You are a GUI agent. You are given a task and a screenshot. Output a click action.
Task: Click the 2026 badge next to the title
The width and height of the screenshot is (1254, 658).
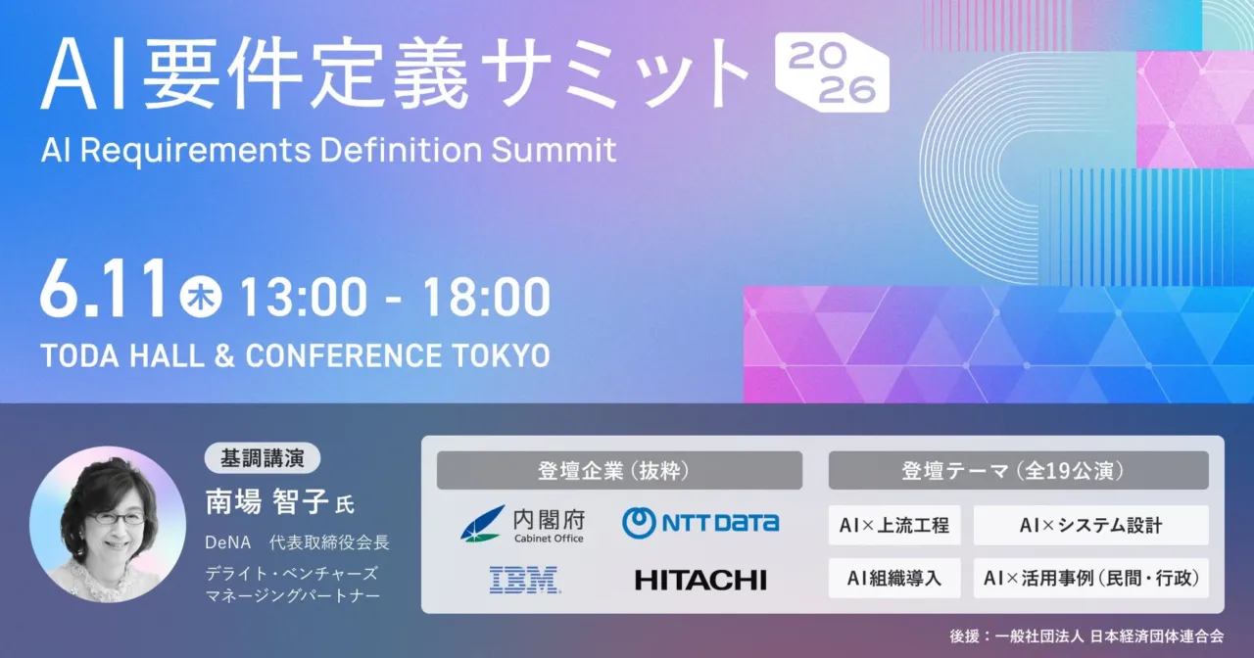[x=832, y=72]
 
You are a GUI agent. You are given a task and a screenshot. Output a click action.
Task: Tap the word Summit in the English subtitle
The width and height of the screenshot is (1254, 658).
[x=554, y=150]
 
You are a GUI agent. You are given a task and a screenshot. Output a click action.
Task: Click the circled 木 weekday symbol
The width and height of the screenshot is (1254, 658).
[x=201, y=297]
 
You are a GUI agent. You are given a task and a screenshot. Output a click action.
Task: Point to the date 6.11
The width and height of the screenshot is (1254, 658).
[x=104, y=290]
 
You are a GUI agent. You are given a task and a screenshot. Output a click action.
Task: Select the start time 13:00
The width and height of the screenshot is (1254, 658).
[x=304, y=297]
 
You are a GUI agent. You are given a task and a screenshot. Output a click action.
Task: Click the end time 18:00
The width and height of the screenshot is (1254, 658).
[x=487, y=297]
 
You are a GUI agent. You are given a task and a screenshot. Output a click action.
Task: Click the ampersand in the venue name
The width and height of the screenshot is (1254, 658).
[x=224, y=355]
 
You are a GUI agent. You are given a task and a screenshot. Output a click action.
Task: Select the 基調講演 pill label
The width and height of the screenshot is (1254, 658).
[x=262, y=458]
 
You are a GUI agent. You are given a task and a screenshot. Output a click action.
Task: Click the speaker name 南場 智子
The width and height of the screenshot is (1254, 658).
[x=267, y=502]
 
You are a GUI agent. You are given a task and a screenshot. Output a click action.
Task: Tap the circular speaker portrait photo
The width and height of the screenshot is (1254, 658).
[x=108, y=524]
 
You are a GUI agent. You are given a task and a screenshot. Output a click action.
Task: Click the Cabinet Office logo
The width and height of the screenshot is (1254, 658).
[x=522, y=524]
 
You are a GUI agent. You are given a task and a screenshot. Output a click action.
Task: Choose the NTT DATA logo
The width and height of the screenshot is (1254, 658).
[x=700, y=523]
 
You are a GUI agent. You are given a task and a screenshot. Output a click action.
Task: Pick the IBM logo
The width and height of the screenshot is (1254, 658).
[x=524, y=580]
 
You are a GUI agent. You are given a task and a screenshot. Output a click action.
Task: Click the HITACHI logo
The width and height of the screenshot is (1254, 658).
[x=700, y=581]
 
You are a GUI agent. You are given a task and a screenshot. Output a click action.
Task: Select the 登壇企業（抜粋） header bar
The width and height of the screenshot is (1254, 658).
[x=619, y=471]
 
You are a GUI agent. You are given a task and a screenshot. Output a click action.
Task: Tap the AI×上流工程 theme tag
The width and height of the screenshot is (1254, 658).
[x=894, y=526]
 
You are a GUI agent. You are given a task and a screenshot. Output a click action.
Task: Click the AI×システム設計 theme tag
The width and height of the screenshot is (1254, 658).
[x=1090, y=526]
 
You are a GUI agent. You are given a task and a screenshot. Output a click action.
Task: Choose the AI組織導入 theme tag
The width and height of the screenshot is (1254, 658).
[x=894, y=578]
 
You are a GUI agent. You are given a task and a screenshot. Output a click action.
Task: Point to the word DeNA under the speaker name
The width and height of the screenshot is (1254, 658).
[x=228, y=542]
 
